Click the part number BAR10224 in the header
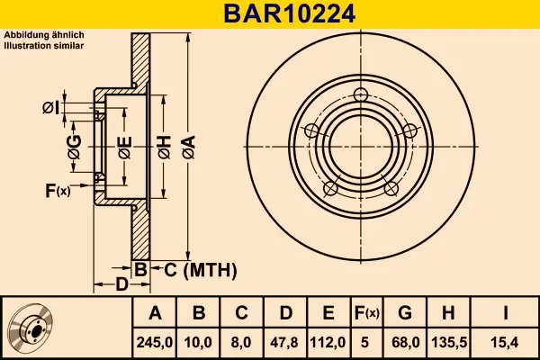click(289, 14)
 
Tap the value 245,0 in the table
click(155, 343)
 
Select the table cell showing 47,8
click(284, 343)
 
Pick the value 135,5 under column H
click(448, 343)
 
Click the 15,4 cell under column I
click(506, 343)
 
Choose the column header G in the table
click(405, 313)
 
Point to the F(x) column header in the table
click(366, 313)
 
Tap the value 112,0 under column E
click(328, 343)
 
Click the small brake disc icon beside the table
click(31, 328)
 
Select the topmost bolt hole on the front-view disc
click(361, 94)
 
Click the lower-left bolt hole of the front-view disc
click(330, 188)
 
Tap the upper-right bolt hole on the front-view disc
click(410, 130)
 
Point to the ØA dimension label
click(189, 147)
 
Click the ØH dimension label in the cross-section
click(165, 147)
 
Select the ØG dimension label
click(75, 147)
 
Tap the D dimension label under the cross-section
click(121, 284)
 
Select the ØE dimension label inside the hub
click(125, 147)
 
